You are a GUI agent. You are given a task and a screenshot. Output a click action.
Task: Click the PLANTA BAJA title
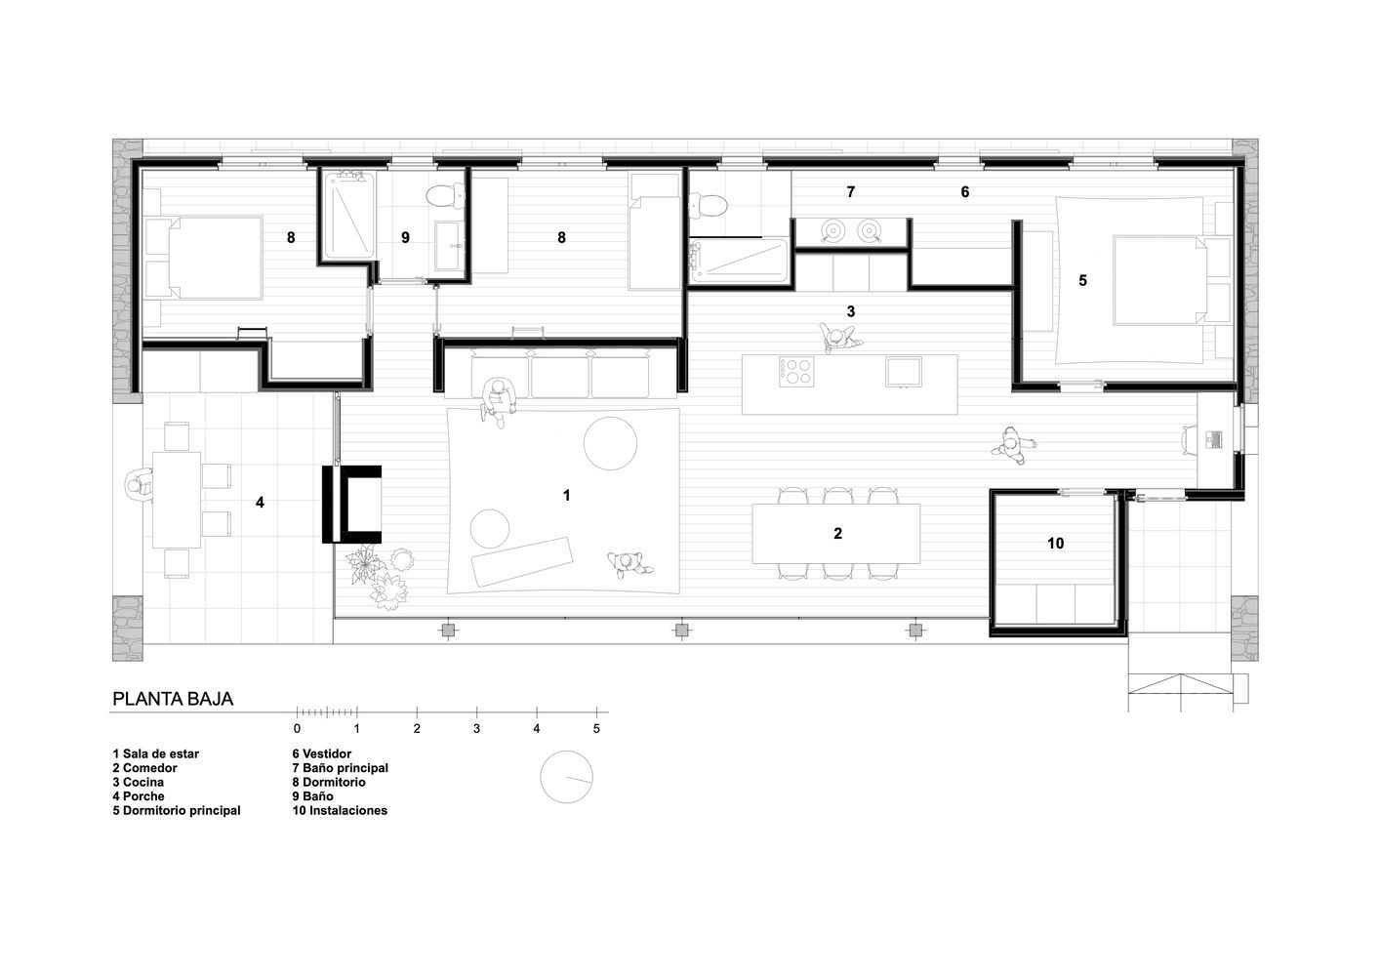[x=173, y=699]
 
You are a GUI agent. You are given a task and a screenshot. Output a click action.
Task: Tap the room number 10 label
[x=1055, y=543]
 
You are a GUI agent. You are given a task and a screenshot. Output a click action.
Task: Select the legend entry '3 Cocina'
[x=138, y=782]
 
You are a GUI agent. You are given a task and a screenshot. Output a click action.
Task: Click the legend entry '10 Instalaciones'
[x=340, y=810]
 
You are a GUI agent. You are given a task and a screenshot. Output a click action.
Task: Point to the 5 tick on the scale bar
[x=596, y=712]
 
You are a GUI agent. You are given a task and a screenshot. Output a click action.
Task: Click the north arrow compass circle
[x=566, y=776]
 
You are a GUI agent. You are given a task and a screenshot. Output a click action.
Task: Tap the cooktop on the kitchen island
[x=796, y=372]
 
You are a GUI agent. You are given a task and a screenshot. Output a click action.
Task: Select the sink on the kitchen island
[x=903, y=372]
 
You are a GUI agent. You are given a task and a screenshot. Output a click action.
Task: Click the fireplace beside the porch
[x=351, y=504]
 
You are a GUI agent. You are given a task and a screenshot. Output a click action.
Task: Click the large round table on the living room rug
[x=610, y=443]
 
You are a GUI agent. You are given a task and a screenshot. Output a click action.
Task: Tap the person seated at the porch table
[x=139, y=485]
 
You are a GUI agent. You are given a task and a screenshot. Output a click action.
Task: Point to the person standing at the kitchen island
[x=836, y=338]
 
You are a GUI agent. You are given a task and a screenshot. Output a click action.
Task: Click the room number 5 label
[x=1082, y=280]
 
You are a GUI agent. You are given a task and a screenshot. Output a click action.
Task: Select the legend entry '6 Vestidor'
[x=322, y=753]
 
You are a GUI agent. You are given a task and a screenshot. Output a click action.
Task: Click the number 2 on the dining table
[x=837, y=533]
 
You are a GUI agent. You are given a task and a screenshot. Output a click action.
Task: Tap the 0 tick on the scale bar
[x=297, y=712]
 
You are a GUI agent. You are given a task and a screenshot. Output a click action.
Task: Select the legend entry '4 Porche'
[x=138, y=796]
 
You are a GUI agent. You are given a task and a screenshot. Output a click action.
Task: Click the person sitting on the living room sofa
[x=498, y=400]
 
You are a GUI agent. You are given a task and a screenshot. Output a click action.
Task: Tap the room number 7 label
[x=850, y=191]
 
